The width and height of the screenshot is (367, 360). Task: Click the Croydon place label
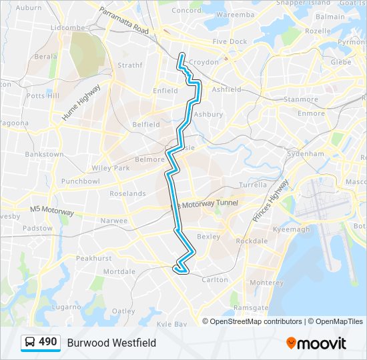click(x=204, y=62)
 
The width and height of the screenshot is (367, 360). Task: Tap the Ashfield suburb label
click(x=226, y=89)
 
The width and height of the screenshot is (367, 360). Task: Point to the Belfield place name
click(x=146, y=124)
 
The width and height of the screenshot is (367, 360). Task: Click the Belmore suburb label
click(x=150, y=159)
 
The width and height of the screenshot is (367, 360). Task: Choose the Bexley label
click(x=209, y=237)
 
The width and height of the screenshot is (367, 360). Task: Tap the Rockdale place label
click(x=252, y=241)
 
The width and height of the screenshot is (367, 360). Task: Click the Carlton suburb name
click(x=215, y=280)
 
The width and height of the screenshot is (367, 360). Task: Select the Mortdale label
click(x=119, y=271)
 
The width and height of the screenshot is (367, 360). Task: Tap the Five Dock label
click(x=230, y=41)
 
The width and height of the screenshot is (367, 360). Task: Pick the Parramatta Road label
click(x=125, y=21)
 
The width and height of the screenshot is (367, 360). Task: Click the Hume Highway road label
click(x=81, y=102)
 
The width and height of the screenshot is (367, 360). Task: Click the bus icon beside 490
click(x=30, y=343)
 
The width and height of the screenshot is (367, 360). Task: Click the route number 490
click(x=48, y=342)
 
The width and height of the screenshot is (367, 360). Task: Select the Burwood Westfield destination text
click(x=111, y=343)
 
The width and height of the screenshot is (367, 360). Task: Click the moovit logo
click(x=316, y=343)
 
